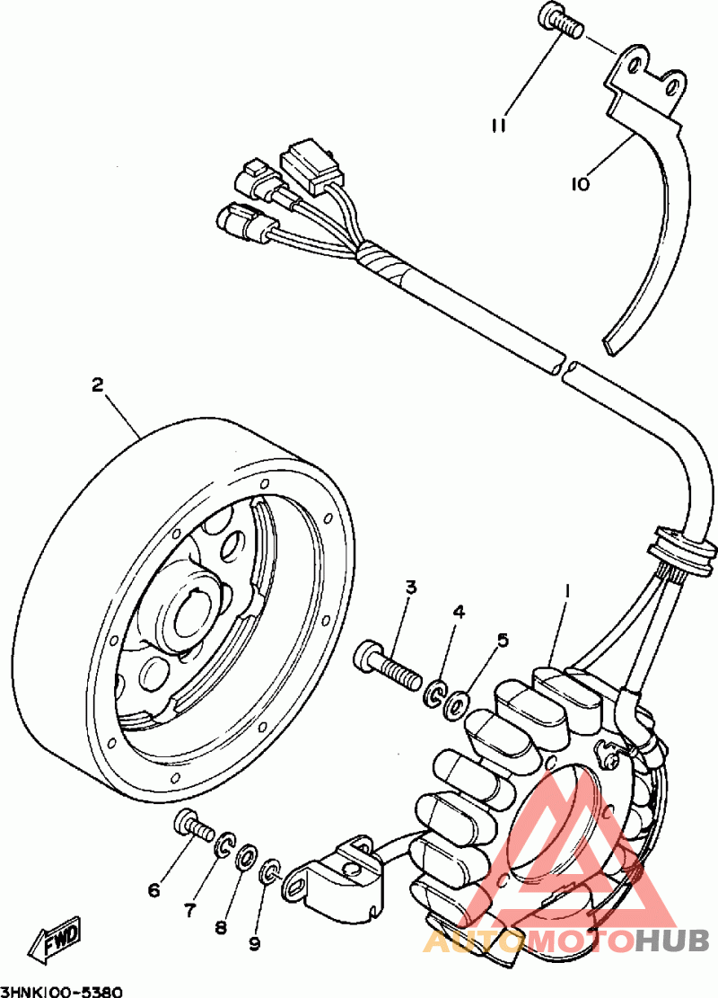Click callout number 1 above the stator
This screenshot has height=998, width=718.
tap(567, 592)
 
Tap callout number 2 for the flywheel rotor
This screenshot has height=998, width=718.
tap(97, 385)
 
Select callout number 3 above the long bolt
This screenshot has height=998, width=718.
tap(411, 587)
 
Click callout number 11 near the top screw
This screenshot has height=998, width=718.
tap(499, 126)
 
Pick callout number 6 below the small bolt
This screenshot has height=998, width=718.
tap(153, 890)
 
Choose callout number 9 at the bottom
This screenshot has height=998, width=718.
tap(254, 943)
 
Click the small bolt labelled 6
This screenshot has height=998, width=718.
tap(192, 825)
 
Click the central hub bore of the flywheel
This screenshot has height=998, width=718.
tap(193, 614)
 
